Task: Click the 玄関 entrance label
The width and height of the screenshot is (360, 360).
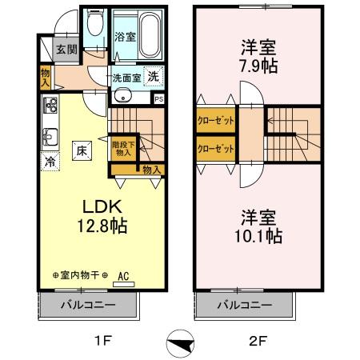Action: (x=66, y=49)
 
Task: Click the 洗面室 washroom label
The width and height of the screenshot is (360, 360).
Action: (x=125, y=78)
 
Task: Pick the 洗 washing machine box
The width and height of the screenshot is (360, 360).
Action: (x=153, y=78)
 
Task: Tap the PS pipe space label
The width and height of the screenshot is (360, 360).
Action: (x=158, y=99)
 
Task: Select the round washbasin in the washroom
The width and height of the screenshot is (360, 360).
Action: (x=122, y=98)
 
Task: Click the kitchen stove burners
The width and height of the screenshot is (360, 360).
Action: (x=50, y=106)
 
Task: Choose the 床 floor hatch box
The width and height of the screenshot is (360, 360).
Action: (x=82, y=149)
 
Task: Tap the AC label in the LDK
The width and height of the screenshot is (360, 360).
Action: (x=124, y=276)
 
